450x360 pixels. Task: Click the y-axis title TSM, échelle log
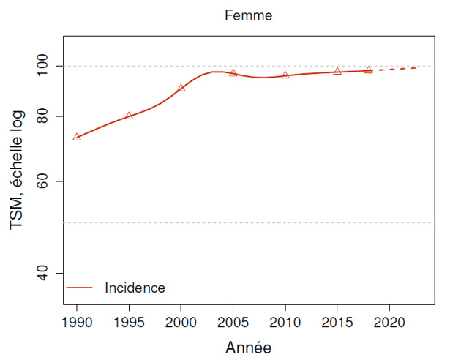point(17,170)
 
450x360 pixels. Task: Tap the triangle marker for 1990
point(77,137)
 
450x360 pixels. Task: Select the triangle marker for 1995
point(129,116)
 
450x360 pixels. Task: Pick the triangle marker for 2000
point(181,88)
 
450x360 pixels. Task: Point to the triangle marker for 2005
point(233,73)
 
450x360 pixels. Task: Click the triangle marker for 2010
point(285,75)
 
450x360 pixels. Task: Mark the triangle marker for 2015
point(337,72)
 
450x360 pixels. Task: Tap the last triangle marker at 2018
point(368,70)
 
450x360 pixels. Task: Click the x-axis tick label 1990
point(77,321)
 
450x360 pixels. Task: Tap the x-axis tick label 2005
point(233,321)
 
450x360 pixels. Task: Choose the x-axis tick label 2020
point(389,321)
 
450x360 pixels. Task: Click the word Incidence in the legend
point(135,288)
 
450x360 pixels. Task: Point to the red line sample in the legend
point(80,288)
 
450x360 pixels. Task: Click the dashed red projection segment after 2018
point(395,69)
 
